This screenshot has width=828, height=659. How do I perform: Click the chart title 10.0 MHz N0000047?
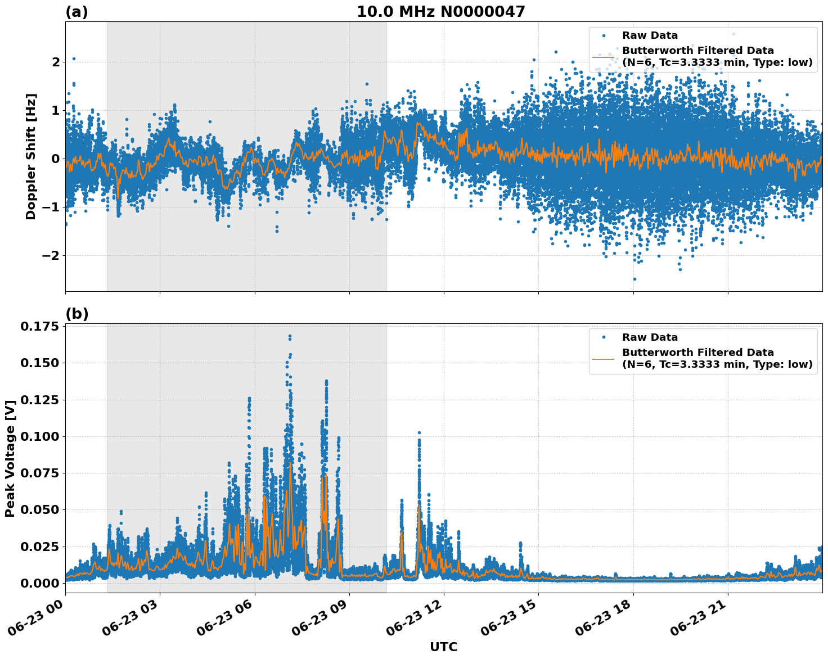click(440, 12)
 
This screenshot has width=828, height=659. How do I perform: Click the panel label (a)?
click(76, 12)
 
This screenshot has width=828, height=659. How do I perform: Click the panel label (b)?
click(76, 314)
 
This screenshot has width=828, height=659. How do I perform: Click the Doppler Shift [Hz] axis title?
click(31, 156)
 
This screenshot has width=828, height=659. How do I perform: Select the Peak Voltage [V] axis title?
click(10, 458)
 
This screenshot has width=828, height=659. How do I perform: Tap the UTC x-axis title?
click(443, 647)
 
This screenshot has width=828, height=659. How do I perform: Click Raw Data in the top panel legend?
click(650, 35)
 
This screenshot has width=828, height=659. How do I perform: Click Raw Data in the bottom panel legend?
click(650, 337)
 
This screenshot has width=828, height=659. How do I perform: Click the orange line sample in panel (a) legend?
click(603, 56)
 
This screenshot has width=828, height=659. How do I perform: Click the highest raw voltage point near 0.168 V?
click(290, 336)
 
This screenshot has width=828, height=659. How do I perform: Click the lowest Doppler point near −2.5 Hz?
click(634, 279)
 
